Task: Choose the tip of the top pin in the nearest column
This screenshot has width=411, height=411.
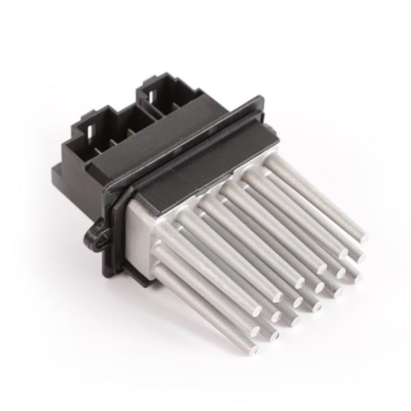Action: coord(277,296)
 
